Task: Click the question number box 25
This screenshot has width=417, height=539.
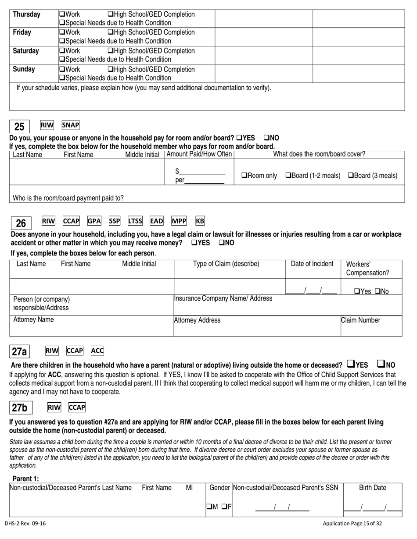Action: coord(19,127)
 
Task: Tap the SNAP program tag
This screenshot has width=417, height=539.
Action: coord(70,125)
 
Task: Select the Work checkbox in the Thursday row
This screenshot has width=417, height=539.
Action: coord(62,14)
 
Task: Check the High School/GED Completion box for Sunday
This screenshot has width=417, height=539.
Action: coord(110,70)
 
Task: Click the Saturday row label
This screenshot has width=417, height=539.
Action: coord(26,51)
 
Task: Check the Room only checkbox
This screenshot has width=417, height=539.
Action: coord(244,176)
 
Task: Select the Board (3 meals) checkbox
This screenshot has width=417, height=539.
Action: coord(351,176)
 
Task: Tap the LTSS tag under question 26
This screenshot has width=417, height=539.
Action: coord(135,221)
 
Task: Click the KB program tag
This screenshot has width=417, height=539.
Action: coord(200,221)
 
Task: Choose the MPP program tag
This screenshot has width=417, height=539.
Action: coord(179,221)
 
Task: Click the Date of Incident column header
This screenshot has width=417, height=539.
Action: coord(312,264)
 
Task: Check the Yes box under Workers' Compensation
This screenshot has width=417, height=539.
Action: coord(357,291)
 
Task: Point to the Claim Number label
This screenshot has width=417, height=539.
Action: coord(360,320)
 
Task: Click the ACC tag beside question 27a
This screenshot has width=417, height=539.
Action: coord(97,351)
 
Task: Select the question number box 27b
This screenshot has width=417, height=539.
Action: coord(20,408)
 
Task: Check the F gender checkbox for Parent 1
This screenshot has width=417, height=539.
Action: coord(224,507)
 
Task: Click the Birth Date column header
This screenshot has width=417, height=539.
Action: coord(373,488)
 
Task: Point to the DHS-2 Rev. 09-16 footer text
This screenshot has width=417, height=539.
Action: coord(25,523)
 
